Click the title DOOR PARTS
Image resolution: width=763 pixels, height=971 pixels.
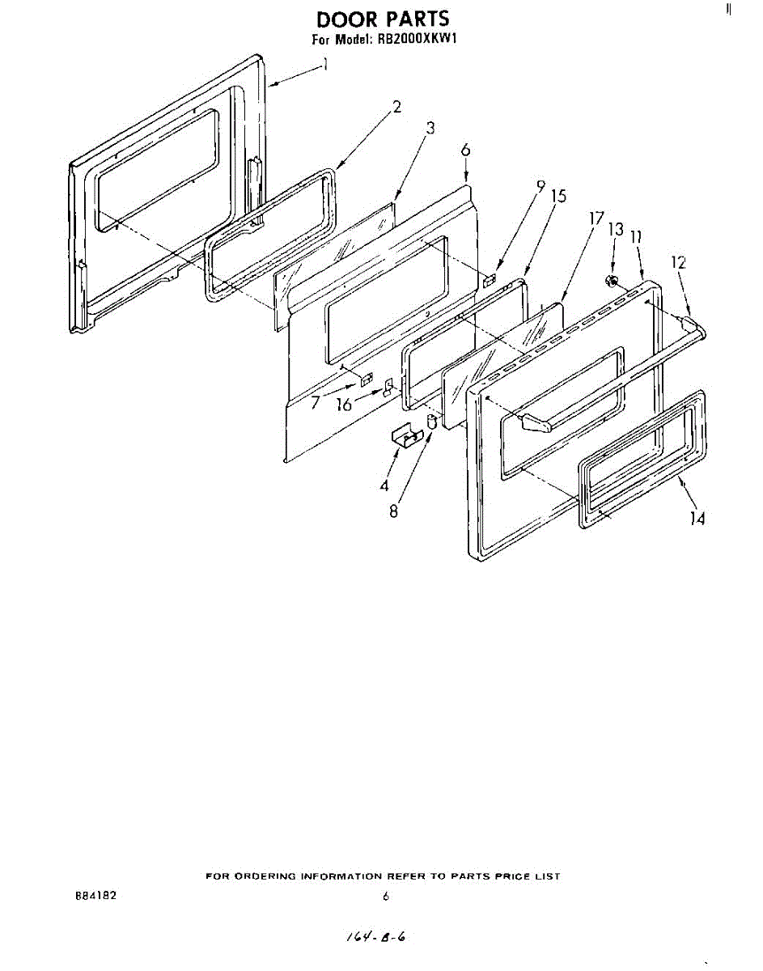[382, 18]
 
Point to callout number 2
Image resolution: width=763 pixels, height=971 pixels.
[397, 105]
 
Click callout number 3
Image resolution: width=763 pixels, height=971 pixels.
[430, 128]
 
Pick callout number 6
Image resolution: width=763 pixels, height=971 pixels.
[465, 151]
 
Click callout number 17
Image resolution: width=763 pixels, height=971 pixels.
[596, 218]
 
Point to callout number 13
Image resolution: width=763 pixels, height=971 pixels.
[616, 229]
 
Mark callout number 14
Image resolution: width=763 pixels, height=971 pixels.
[697, 518]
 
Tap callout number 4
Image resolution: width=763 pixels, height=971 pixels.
[385, 485]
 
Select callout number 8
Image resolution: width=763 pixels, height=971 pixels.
[393, 511]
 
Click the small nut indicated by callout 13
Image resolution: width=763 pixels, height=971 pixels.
[613, 281]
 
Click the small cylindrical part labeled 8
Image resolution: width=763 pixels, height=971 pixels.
[432, 421]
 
